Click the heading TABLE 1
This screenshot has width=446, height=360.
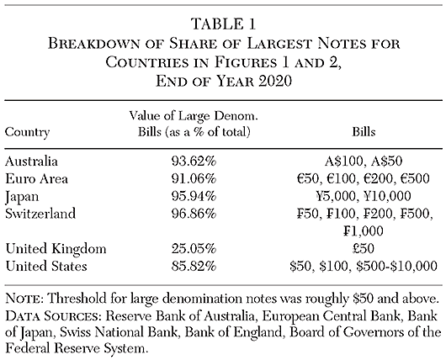click(222, 13)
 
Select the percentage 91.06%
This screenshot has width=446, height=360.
click(189, 177)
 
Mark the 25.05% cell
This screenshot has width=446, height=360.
click(189, 249)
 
